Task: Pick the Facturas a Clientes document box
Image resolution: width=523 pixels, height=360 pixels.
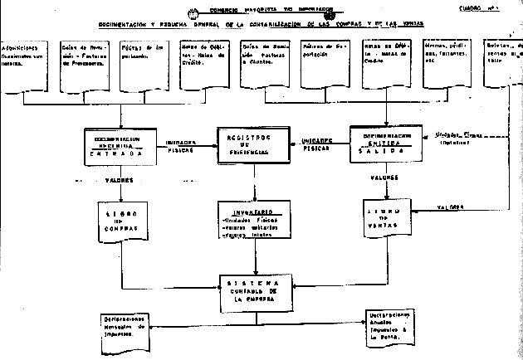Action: [264, 62]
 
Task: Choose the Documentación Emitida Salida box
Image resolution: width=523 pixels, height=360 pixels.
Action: [383, 144]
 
